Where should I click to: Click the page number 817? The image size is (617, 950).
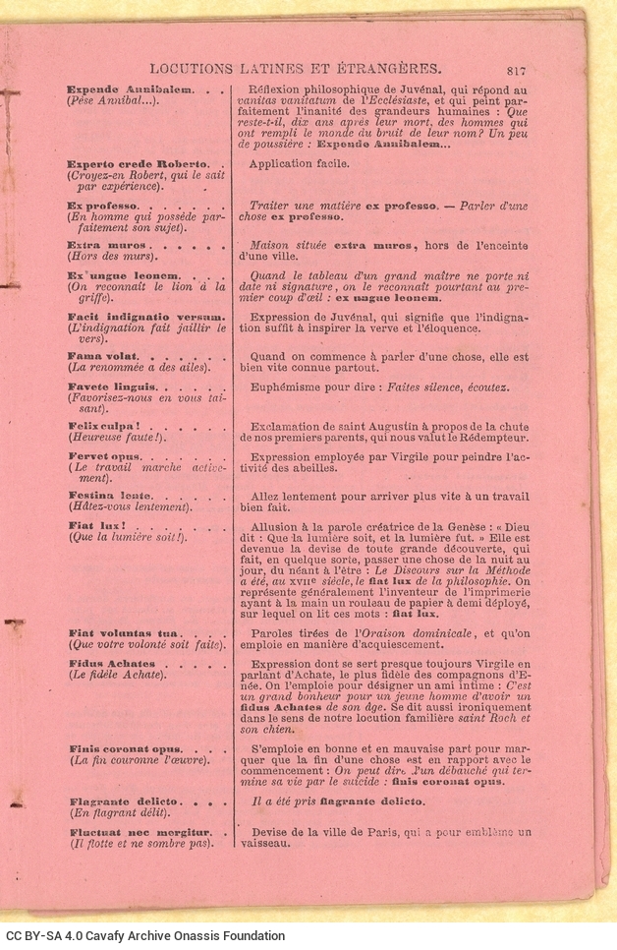pos(518,69)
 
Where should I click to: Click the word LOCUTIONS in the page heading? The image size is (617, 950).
pos(193,69)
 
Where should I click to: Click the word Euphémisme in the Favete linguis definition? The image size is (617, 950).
pos(289,386)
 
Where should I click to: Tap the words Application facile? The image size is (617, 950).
pos(299,163)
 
